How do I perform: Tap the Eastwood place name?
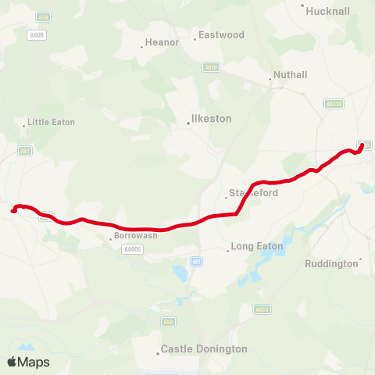(221, 35)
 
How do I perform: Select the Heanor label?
(162, 43)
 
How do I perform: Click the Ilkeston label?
(211, 120)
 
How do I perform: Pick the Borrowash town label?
(135, 235)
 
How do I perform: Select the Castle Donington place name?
(203, 349)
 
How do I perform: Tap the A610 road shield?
(210, 68)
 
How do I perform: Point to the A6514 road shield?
(335, 102)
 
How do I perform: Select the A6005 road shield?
(132, 249)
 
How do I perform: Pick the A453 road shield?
(262, 310)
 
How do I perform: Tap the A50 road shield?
(168, 321)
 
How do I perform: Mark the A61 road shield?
(26, 151)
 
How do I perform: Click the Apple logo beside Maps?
(12, 362)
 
